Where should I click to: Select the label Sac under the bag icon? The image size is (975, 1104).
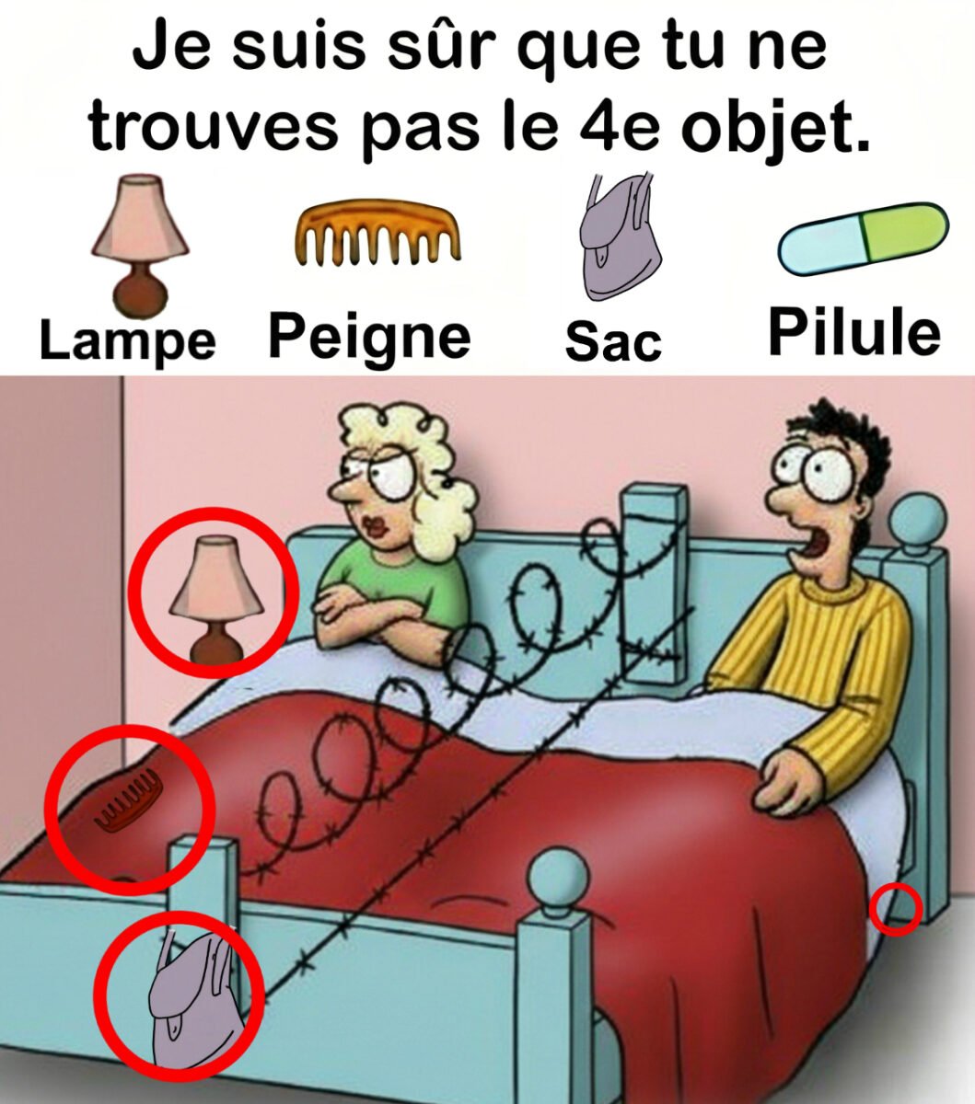point(613,341)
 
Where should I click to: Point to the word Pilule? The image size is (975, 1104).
point(854,332)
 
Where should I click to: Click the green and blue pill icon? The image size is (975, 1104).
point(863,238)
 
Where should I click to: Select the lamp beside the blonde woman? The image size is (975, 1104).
point(216,598)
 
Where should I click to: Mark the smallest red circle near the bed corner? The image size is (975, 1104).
point(896,909)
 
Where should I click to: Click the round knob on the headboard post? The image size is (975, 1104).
point(916,519)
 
